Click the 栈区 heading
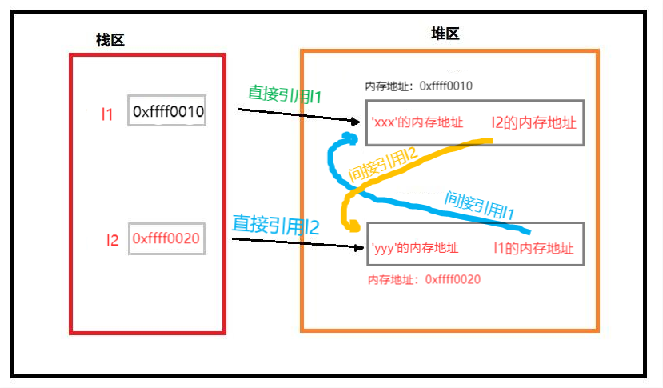click(110, 40)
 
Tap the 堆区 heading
click(445, 34)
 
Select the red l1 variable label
click(107, 114)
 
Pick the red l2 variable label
click(113, 238)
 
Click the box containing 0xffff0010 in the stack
click(167, 112)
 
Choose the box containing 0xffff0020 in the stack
click(166, 238)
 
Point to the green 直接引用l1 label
click(284, 94)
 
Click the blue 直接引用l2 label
click(275, 225)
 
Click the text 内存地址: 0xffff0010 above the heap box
click(418, 86)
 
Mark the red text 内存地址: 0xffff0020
click(424, 279)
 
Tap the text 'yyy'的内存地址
click(415, 248)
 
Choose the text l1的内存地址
click(533, 248)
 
